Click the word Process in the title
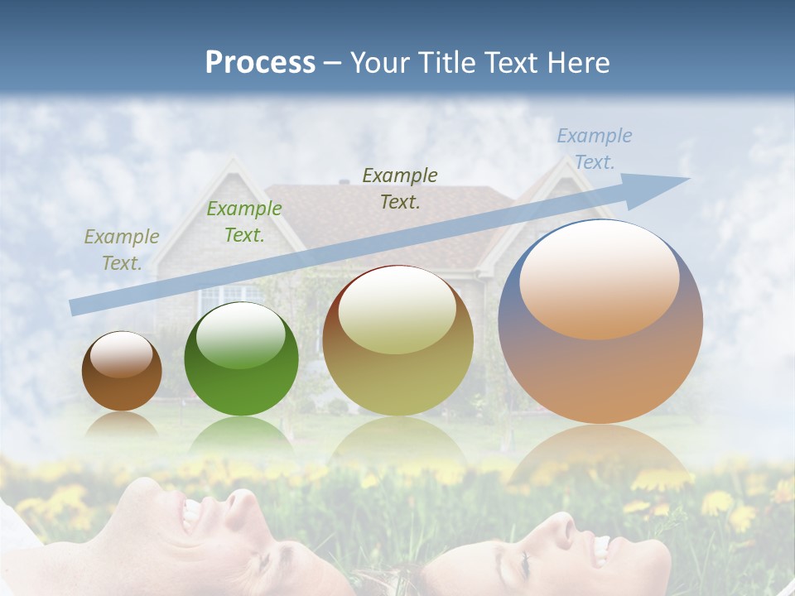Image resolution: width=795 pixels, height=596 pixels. [260, 63]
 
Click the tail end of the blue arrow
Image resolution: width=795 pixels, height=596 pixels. [75, 307]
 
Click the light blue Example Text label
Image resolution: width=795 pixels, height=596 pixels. [594, 149]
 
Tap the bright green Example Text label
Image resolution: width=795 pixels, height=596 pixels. [243, 222]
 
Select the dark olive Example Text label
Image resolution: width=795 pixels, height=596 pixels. [400, 188]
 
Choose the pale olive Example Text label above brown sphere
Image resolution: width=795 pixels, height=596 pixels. [121, 250]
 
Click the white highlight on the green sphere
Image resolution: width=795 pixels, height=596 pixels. [241, 334]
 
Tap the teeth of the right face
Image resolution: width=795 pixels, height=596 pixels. [599, 547]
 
